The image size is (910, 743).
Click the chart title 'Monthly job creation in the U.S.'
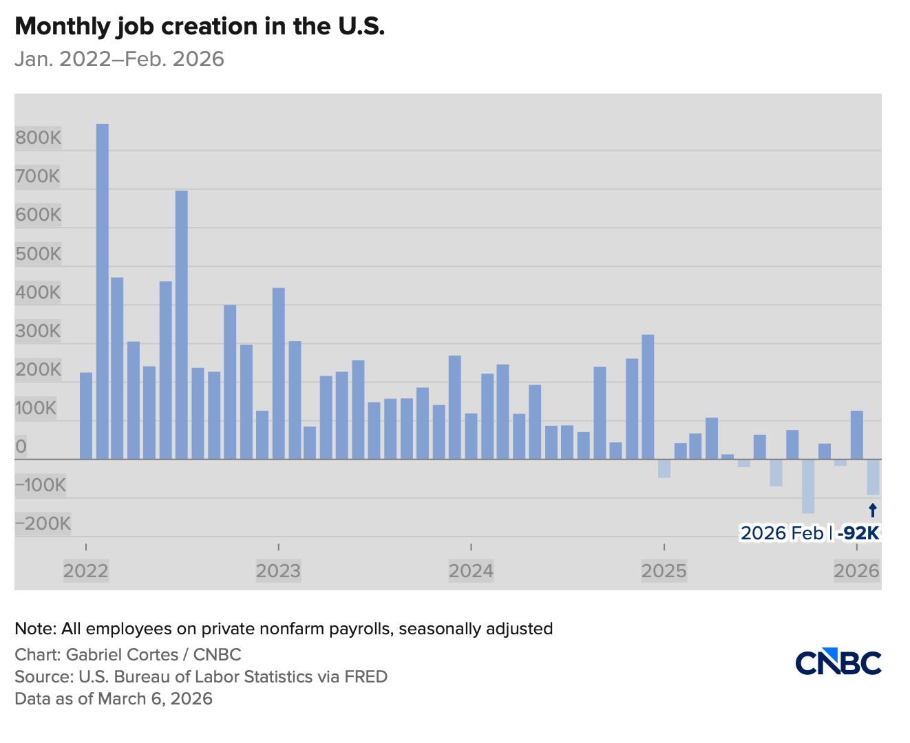click(x=200, y=26)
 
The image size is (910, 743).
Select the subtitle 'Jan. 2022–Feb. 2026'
click(x=119, y=59)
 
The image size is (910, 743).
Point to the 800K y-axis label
click(x=39, y=138)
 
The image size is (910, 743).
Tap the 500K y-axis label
click(x=39, y=254)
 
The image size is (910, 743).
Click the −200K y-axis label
click(x=43, y=524)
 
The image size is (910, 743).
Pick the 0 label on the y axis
click(x=21, y=446)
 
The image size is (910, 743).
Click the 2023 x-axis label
click(x=278, y=571)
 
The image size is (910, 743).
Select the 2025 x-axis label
click(x=664, y=571)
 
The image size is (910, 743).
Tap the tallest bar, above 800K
click(x=102, y=289)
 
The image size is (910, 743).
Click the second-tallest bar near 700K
click(x=182, y=323)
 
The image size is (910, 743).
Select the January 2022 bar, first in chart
click(x=86, y=416)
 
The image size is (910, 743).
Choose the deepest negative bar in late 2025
click(x=808, y=486)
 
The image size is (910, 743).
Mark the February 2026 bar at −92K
click(x=873, y=477)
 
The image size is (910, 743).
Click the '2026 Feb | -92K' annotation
click(x=810, y=533)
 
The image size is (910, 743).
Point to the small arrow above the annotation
click(x=873, y=510)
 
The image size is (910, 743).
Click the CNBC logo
click(x=838, y=662)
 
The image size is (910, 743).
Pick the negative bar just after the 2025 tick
click(x=664, y=469)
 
